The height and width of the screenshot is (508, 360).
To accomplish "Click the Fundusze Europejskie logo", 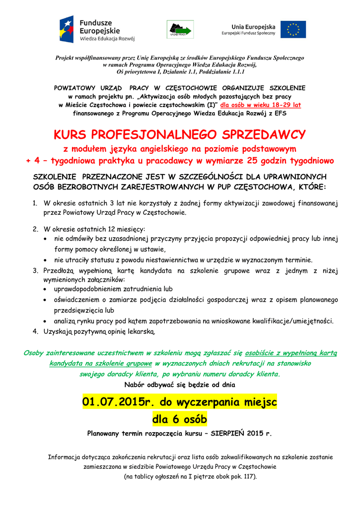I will [x=97, y=29].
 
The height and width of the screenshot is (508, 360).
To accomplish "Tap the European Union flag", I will [x=293, y=29].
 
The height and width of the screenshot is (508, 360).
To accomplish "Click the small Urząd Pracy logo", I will [x=180, y=29].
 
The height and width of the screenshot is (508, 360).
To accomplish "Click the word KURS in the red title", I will [x=69, y=135].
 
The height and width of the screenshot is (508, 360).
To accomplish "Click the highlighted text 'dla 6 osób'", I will [x=180, y=419].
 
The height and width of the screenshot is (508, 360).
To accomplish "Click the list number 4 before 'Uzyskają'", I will [x=35, y=330].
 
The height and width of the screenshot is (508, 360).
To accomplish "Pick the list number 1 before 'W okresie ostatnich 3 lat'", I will [x=35, y=203].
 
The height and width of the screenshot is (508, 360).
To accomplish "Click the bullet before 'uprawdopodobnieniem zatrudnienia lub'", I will [x=46, y=289].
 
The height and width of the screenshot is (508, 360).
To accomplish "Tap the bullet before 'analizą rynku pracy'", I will [x=46, y=321].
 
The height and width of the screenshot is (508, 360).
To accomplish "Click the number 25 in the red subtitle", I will [x=258, y=161].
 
